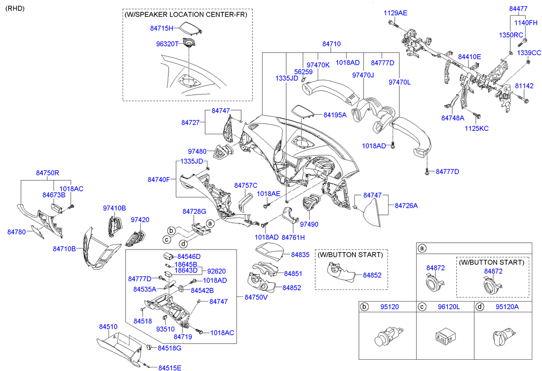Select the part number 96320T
tap(167, 44)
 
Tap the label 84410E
tap(469, 57)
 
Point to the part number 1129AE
tap(395, 13)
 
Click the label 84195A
tap(335, 115)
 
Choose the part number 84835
tap(300, 254)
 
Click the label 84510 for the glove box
tap(108, 326)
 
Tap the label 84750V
tap(256, 297)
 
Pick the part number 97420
tap(140, 219)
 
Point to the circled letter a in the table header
tap(422, 249)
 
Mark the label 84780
tap(16, 232)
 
